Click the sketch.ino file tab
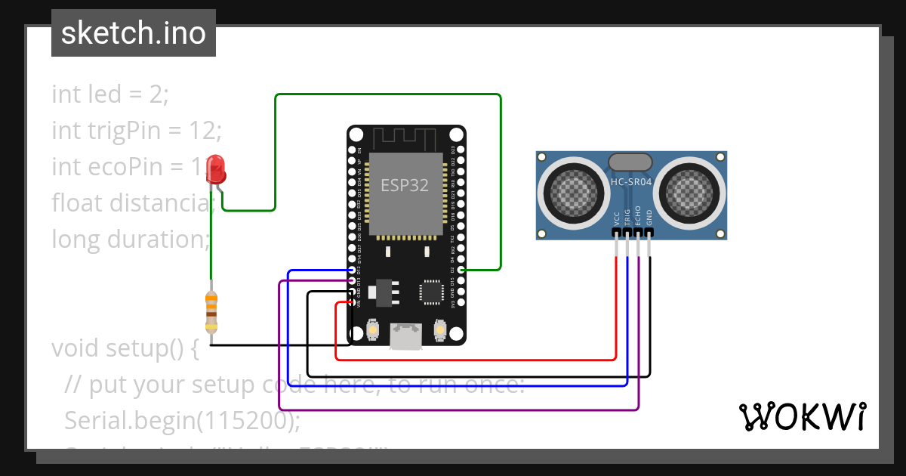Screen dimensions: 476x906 point(134,33)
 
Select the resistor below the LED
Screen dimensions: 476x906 point(211,311)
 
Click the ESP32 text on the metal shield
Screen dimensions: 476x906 point(405,185)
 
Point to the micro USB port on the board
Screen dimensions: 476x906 point(405,336)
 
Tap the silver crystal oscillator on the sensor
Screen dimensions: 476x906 point(630,161)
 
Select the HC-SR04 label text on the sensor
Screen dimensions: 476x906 point(630,183)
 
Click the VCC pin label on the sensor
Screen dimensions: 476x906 point(617,218)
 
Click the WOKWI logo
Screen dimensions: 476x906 point(802,416)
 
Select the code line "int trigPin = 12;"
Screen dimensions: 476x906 point(137,131)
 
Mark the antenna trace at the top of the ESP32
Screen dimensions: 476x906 point(405,139)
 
